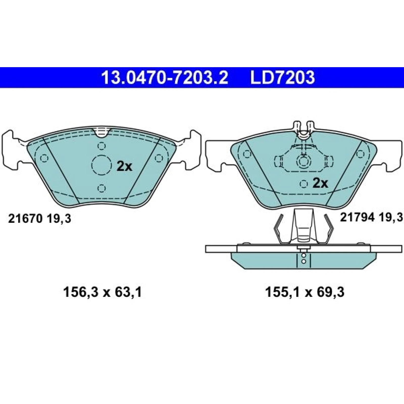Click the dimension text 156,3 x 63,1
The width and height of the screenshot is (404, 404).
point(102,293)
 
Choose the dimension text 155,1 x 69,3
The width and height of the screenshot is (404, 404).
point(305,293)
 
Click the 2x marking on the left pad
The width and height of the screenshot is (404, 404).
point(124,166)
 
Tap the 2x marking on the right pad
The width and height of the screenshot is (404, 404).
point(320,184)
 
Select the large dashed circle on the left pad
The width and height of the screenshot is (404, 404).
point(102,165)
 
